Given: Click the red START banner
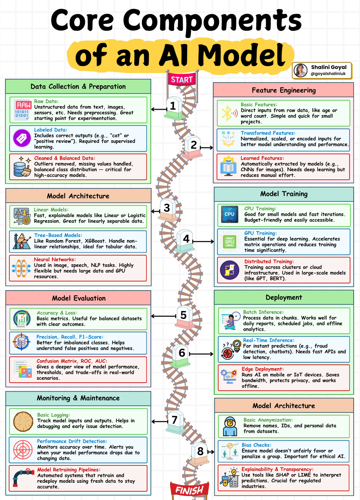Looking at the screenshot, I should pos(182,80).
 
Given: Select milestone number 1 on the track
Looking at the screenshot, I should pos(173,106).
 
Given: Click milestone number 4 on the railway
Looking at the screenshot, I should pos(186,239).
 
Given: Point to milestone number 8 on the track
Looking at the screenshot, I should pos(200,451).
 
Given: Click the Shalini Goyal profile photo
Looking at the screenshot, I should pos(300,70).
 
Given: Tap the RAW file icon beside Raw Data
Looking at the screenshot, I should pos(22,110).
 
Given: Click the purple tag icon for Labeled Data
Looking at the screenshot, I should pos(22,138).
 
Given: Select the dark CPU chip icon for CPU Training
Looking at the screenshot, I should pos(229,214).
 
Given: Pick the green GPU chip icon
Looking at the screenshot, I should pos(229,242).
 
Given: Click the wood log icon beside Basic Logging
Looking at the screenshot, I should pos(23,421).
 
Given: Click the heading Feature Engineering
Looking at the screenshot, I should pos(284,90).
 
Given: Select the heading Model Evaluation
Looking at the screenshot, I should pos(79,298).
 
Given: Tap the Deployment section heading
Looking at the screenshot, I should pos(284,297).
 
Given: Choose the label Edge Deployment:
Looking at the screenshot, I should pos(263,369).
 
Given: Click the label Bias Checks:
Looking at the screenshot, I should pos(256,445).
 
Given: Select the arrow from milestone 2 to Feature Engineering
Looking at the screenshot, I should pos(207,147).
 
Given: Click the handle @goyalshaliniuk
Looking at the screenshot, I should pos(328,74).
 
